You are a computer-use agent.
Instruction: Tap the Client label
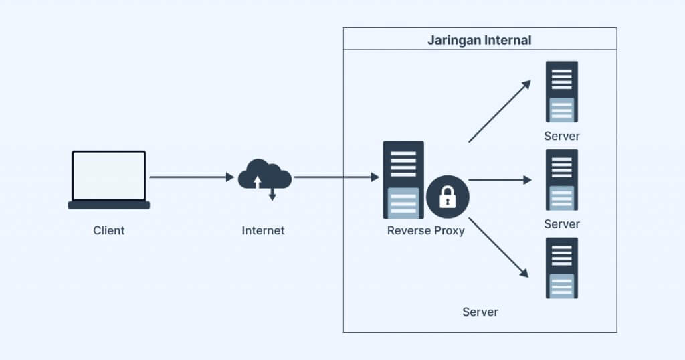pos(109,230)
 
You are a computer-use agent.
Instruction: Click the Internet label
pos(263,230)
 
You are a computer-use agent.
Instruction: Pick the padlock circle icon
pos(448,197)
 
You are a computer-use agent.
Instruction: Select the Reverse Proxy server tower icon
pos(403,179)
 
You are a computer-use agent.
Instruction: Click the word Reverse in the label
pos(407,231)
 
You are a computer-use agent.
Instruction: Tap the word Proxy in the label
pos(448,231)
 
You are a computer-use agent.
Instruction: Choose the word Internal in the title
pos(505,40)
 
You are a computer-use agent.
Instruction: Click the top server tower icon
pos(561,92)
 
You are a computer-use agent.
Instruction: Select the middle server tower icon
pos(561,179)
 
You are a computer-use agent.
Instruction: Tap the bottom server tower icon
pos(561,268)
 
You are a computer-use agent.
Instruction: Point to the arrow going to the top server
pos(499,112)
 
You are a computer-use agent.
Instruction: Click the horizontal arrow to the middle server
pos(500,180)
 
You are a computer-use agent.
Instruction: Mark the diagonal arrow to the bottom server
pos(498,247)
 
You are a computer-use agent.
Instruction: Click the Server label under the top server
pos(561,136)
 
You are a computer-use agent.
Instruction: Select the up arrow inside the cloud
pos(258,181)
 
